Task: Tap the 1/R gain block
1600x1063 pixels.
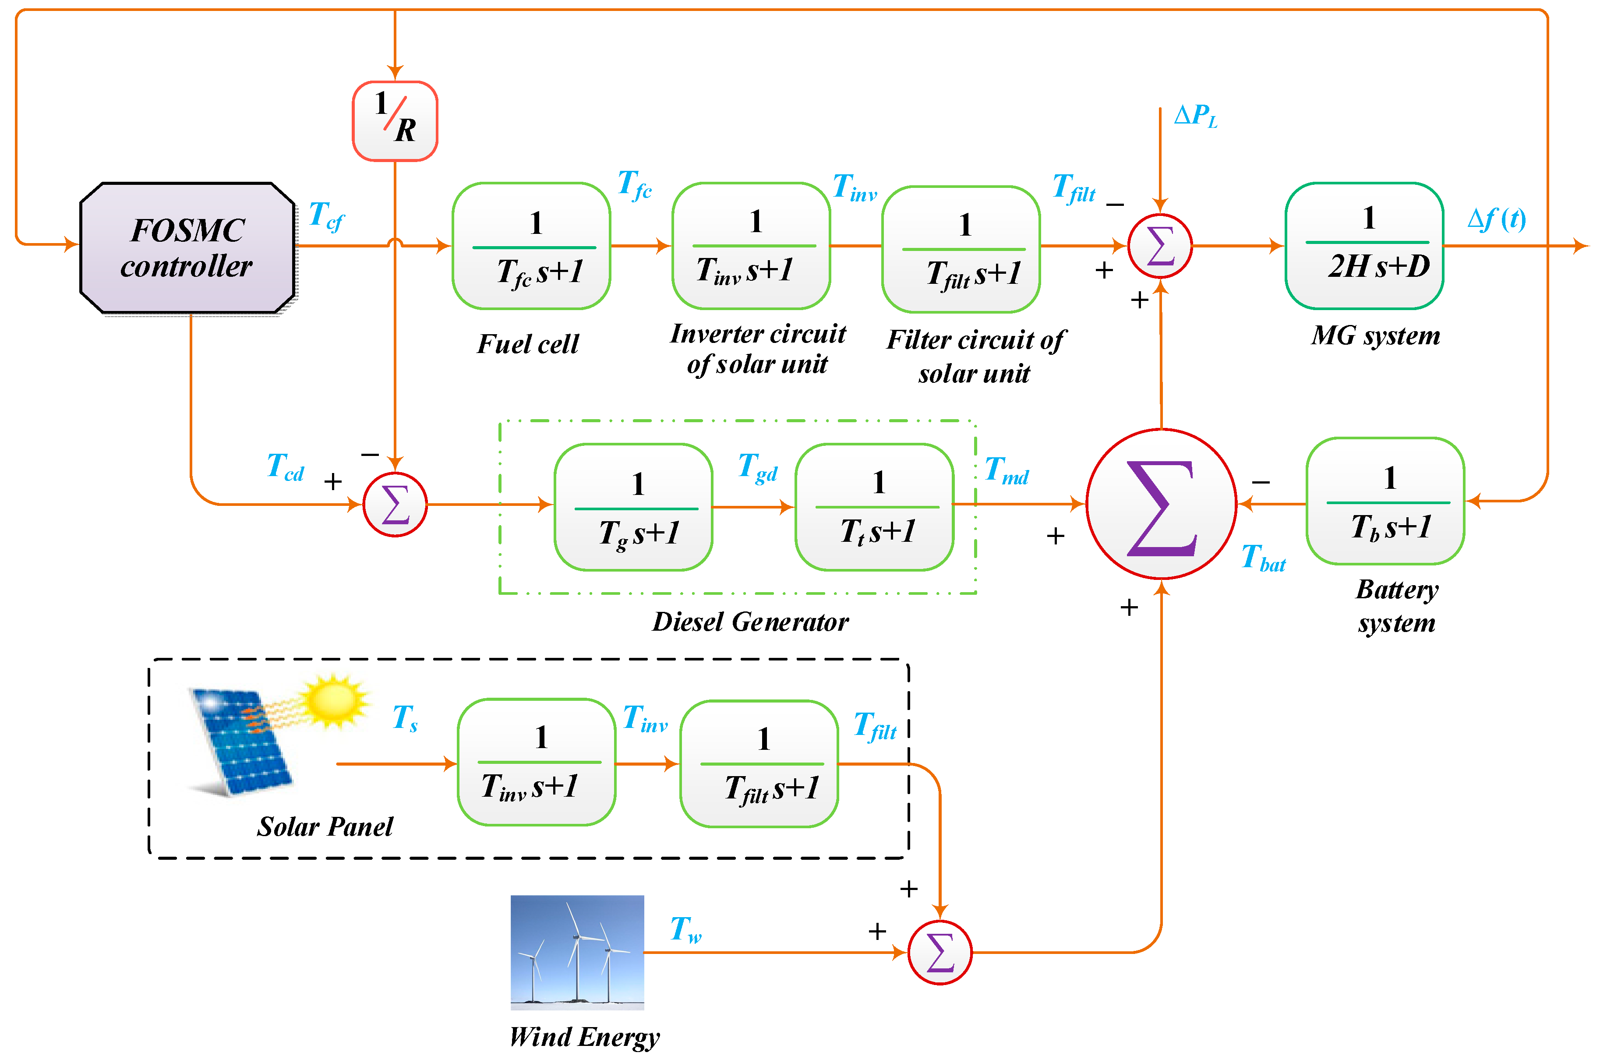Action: pyautogui.click(x=395, y=121)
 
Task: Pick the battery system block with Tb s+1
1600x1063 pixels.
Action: pyautogui.click(x=1385, y=501)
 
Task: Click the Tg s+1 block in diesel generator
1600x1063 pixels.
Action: pyautogui.click(x=633, y=507)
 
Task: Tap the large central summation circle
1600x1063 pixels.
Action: pyautogui.click(x=1162, y=504)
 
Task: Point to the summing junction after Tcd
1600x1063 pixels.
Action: pyautogui.click(x=395, y=505)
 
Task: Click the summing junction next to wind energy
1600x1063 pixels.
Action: pyautogui.click(x=940, y=953)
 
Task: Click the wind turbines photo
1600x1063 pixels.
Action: pyautogui.click(x=577, y=953)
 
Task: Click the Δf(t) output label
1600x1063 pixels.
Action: pyautogui.click(x=1496, y=219)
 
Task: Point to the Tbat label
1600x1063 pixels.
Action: pyautogui.click(x=1263, y=558)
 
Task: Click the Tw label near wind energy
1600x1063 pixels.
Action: pyautogui.click(x=685, y=930)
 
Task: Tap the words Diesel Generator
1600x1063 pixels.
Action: pyautogui.click(x=750, y=622)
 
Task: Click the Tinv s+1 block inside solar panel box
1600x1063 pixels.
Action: pyautogui.click(x=536, y=762)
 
